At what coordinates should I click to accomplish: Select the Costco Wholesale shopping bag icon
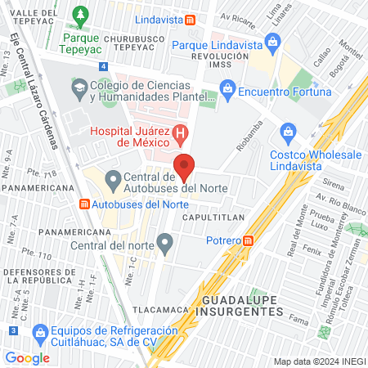(288, 132)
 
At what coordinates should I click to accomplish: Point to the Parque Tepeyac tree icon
(80, 14)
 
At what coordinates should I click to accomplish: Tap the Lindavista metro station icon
(190, 20)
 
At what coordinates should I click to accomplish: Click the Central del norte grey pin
(165, 242)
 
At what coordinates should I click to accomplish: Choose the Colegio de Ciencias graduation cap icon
(79, 87)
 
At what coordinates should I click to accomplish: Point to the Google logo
(27, 357)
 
